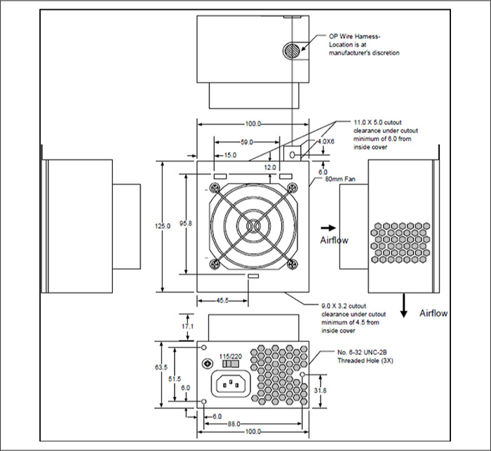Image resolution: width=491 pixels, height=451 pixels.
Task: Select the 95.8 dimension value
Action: click(185, 223)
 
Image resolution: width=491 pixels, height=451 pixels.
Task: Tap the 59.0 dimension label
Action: click(245, 142)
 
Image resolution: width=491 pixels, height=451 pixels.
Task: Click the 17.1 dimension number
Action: click(187, 326)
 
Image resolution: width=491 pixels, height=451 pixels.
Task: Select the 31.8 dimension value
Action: click(321, 390)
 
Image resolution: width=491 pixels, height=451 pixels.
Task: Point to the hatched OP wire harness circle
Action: click(291, 50)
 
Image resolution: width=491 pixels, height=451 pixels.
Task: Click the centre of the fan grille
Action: click(253, 226)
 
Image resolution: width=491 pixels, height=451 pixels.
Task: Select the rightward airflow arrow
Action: click(326, 227)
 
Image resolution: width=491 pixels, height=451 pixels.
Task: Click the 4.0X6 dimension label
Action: click(326, 141)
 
